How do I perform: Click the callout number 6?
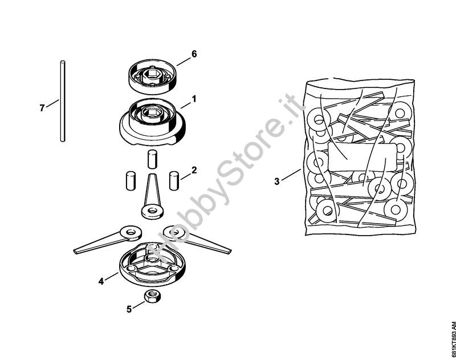[194, 54]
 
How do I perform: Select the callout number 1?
[194, 99]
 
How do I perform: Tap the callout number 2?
[194, 170]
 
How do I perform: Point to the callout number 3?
[277, 181]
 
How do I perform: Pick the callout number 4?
[101, 281]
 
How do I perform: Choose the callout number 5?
[129, 309]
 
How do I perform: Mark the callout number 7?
[42, 108]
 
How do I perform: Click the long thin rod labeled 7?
[63, 102]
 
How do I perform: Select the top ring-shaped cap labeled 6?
[152, 76]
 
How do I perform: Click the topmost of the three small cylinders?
[152, 159]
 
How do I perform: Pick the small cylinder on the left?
[131, 181]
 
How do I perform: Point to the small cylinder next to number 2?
[174, 181]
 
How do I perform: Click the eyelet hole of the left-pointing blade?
[131, 232]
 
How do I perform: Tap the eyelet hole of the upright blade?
[152, 210]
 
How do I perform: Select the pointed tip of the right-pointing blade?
[230, 251]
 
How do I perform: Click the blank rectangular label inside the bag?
[362, 157]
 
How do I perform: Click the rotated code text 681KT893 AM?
[452, 339]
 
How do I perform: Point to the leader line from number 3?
[291, 175]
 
